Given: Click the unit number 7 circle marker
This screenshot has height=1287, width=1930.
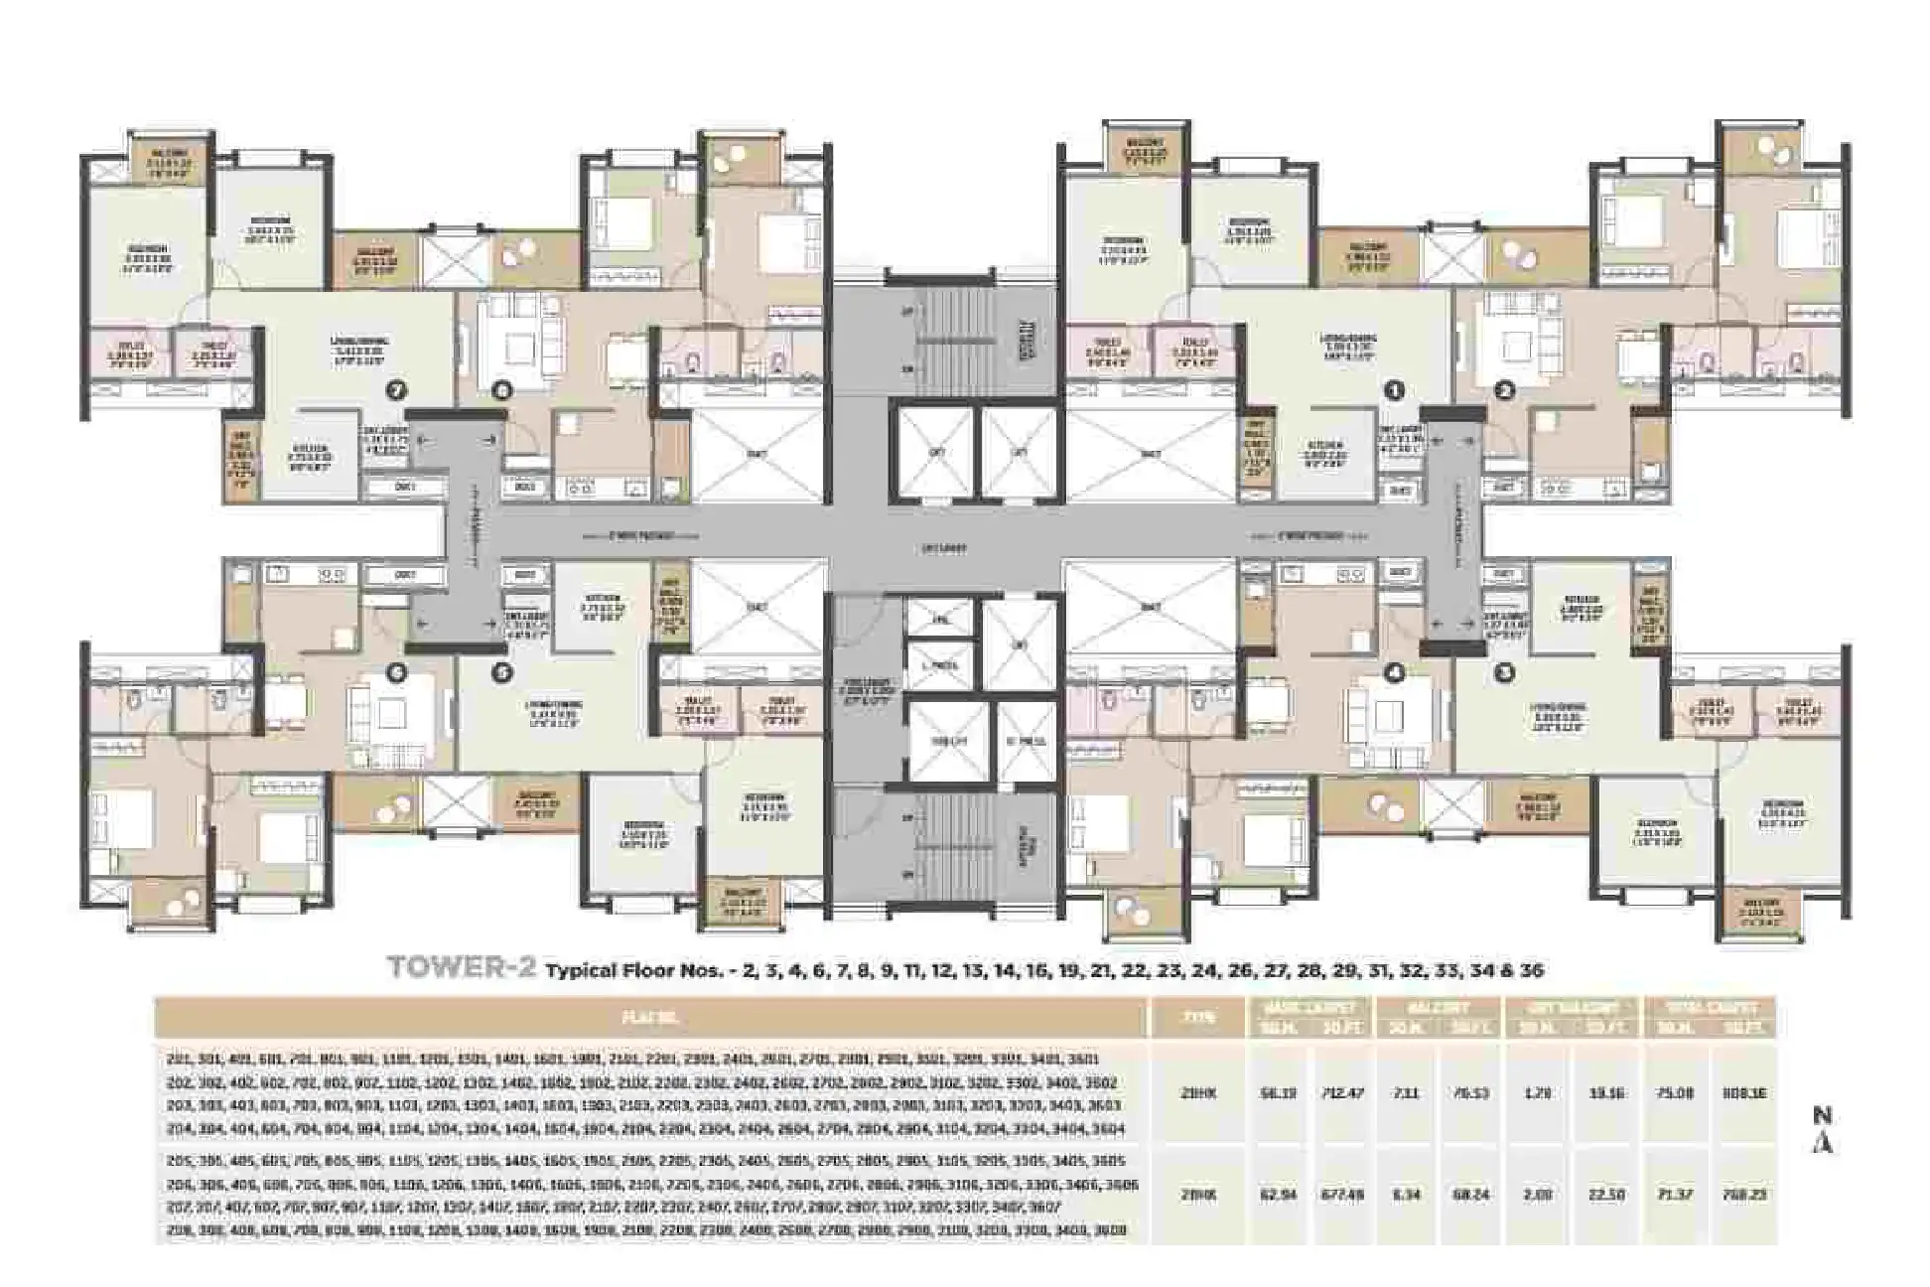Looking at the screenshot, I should [396, 391].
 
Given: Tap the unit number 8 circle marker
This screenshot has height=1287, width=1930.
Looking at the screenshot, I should [503, 391].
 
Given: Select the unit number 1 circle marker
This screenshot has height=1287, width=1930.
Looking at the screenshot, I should [1395, 391].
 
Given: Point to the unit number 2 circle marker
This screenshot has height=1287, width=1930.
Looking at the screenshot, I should [1505, 391].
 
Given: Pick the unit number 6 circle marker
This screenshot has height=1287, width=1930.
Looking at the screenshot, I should [396, 672].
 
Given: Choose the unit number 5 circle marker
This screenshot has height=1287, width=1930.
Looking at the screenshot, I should [503, 672].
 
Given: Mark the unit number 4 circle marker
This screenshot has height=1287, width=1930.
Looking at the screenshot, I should [1395, 672].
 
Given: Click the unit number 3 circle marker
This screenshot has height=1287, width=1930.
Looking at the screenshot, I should [1505, 672].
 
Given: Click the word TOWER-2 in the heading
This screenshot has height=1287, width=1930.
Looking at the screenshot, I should [460, 968].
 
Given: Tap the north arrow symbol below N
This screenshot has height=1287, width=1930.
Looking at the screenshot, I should [1821, 1143].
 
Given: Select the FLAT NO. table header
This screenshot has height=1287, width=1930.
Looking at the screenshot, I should [650, 1018].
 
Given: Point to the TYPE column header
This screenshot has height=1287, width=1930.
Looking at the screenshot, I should [1197, 1018].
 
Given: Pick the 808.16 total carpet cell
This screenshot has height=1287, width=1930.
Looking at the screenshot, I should [1743, 1093].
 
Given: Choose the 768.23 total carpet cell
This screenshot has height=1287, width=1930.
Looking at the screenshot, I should [1743, 1195].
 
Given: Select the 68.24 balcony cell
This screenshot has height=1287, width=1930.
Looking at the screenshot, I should [1471, 1195].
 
